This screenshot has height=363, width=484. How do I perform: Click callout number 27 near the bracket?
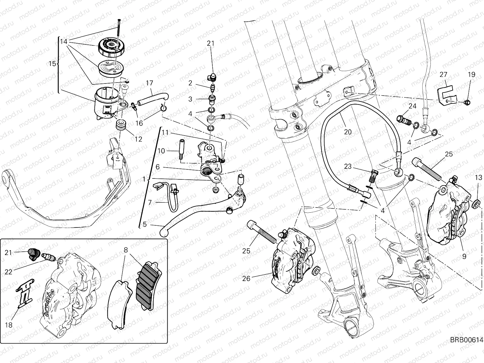443,75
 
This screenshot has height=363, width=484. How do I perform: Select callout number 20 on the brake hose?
348,132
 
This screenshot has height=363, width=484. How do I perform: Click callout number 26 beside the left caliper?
246,278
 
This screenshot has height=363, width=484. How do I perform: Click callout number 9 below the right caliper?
464,257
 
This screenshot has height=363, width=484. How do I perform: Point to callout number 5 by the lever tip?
145,224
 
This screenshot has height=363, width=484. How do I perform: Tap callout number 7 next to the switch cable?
150,202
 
